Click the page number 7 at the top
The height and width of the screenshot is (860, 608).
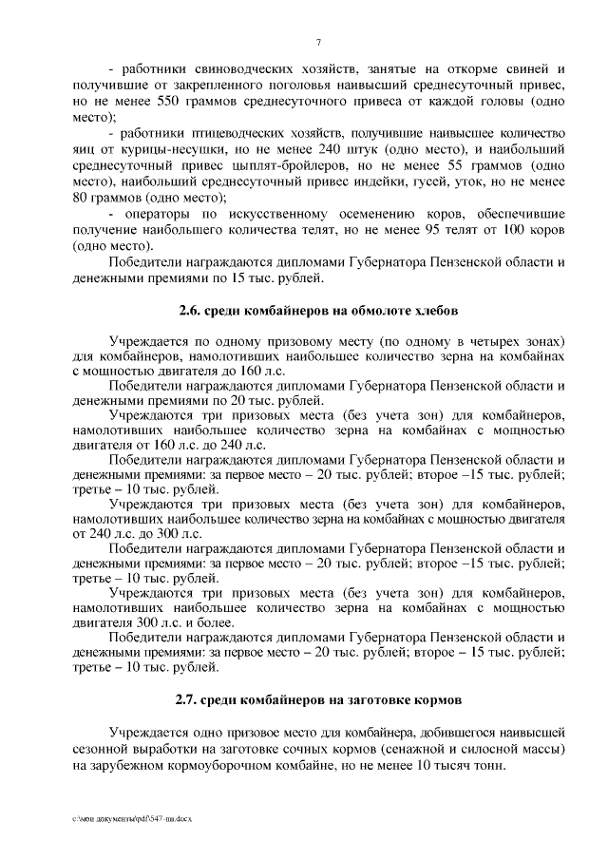tap(318, 43)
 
